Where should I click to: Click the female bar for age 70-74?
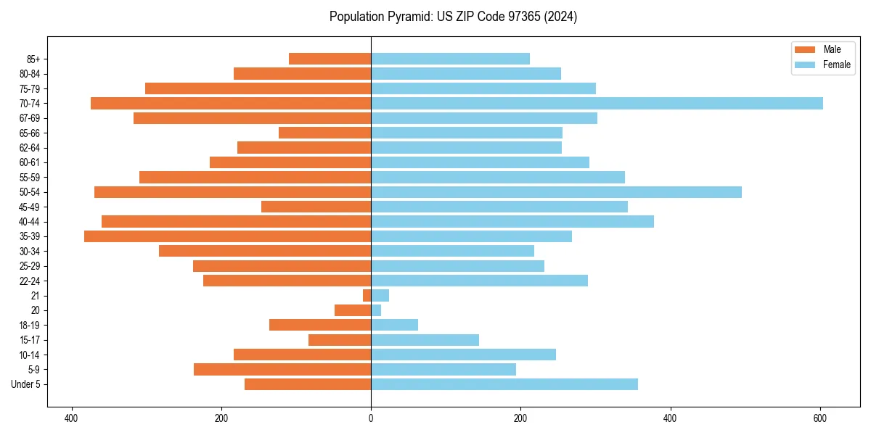tap(597, 103)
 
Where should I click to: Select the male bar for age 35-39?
tap(227, 236)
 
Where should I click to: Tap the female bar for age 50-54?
tap(556, 192)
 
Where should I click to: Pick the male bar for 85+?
tap(330, 59)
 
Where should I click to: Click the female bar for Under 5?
tap(504, 384)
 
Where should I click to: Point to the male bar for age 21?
tap(367, 296)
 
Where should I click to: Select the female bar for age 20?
tap(376, 310)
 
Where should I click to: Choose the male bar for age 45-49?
tap(316, 207)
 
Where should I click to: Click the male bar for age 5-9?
tap(282, 370)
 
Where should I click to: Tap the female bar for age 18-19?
tap(394, 325)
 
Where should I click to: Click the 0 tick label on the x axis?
tap(371, 418)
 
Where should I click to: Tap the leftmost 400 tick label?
tap(71, 418)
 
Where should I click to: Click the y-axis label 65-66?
tap(30, 133)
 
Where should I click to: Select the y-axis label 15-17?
tap(30, 340)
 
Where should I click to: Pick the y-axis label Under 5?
tap(26, 384)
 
